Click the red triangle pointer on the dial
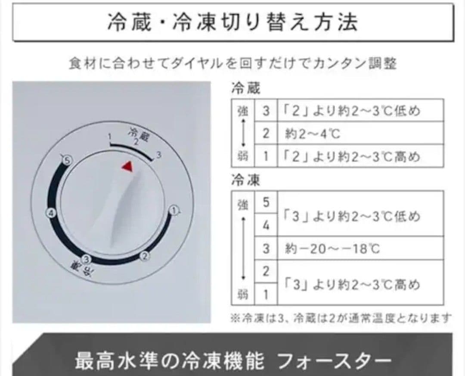point(127,166)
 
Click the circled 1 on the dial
point(174,210)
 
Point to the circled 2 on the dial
point(145,256)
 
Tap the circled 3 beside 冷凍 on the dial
point(87,259)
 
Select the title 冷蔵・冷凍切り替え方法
point(232,22)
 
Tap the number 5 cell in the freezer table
point(266,202)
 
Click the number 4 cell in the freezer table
point(266,225)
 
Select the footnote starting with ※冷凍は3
point(340,318)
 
